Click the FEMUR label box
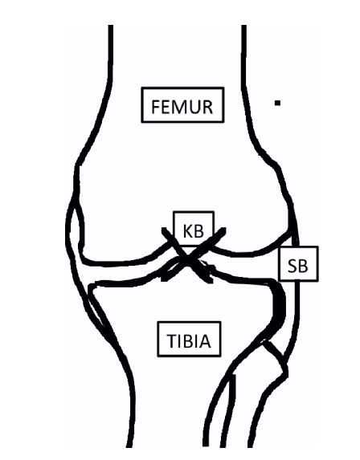pyautogui.click(x=182, y=104)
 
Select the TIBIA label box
pyautogui.click(x=189, y=339)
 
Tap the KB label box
pyautogui.click(x=194, y=229)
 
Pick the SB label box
pyautogui.click(x=298, y=264)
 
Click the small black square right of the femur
pyautogui.click(x=277, y=103)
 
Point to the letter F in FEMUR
pyautogui.click(x=156, y=107)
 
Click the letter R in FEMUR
pyautogui.click(x=207, y=107)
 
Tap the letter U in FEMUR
pyautogui.click(x=195, y=107)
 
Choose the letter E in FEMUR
pyautogui.click(x=166, y=107)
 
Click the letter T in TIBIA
pyautogui.click(x=172, y=341)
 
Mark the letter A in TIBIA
pyautogui.click(x=205, y=341)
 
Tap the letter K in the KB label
pyautogui.click(x=188, y=231)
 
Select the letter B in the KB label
pyautogui.click(x=198, y=231)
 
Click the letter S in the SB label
pyautogui.click(x=292, y=267)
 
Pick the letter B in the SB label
pyautogui.click(x=304, y=267)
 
